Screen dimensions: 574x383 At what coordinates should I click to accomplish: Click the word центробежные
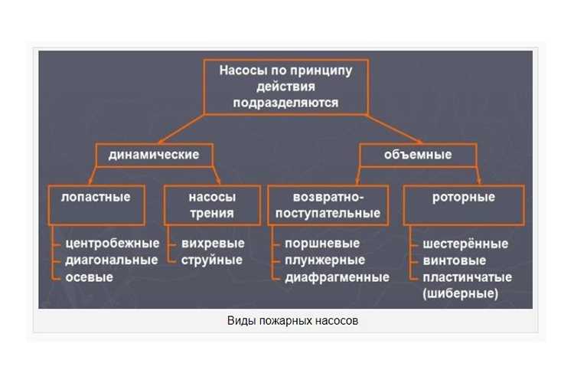point(113,244)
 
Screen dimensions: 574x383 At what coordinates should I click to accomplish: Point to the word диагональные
point(112,260)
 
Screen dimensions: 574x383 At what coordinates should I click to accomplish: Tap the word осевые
point(89,277)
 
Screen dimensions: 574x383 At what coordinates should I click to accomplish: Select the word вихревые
point(213,244)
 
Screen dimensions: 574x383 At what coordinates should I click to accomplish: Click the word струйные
point(211,260)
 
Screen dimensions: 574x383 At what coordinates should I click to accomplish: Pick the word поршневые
point(322,244)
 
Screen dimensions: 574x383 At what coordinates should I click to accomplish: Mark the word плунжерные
point(325,260)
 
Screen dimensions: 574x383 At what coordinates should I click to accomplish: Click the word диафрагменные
point(338,277)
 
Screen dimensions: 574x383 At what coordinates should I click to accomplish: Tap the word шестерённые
point(465,244)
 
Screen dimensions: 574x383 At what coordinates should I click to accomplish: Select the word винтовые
point(455,260)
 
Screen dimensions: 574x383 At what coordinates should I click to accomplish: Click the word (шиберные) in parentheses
point(461,293)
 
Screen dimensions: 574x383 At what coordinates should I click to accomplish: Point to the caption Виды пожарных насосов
point(292,321)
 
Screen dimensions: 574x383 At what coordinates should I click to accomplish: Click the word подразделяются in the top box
point(285,103)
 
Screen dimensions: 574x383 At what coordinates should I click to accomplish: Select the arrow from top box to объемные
point(395,129)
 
